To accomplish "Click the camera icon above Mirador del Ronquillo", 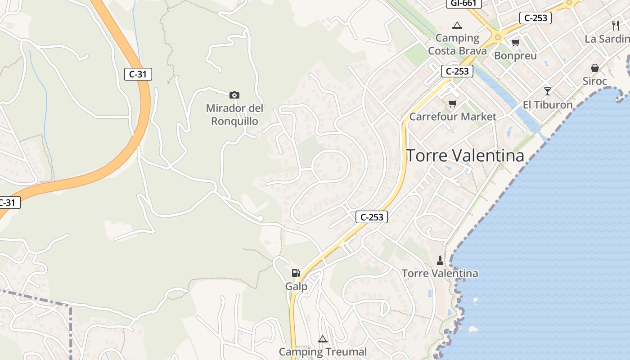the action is click(234, 95).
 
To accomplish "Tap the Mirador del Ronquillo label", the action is click(234, 115).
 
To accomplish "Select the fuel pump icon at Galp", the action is click(296, 273).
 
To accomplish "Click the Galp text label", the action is click(297, 287).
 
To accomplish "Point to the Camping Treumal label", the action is click(323, 352).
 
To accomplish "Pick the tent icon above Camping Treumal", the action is click(322, 339).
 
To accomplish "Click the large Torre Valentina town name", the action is click(465, 156).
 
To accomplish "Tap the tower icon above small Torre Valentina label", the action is click(440, 261).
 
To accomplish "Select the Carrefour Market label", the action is click(453, 117).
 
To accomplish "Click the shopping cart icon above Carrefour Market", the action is click(453, 104).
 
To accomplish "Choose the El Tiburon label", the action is click(547, 105).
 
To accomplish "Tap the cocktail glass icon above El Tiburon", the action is click(547, 91).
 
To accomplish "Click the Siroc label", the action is click(595, 81).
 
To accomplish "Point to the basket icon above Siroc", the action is click(595, 68).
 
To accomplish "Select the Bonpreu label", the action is click(515, 56).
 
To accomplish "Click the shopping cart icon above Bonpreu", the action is click(515, 42).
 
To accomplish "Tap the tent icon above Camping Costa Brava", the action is click(457, 25).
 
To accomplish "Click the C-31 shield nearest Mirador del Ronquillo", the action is click(138, 74).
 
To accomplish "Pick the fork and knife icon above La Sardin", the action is click(616, 26).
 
